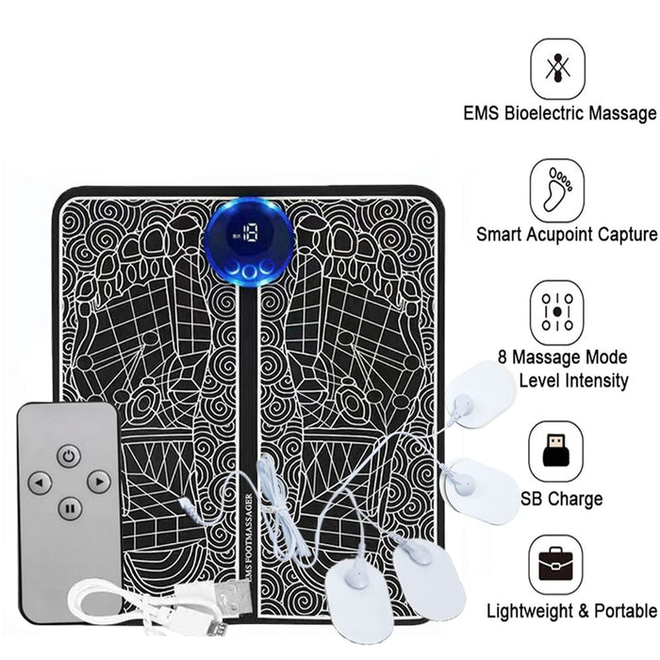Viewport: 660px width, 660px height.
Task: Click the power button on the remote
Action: coord(67,455)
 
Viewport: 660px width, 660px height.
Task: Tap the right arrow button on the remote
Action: coord(98,482)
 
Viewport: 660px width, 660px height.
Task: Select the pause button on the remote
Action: coord(68,509)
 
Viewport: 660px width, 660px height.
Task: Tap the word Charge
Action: coord(575,499)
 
